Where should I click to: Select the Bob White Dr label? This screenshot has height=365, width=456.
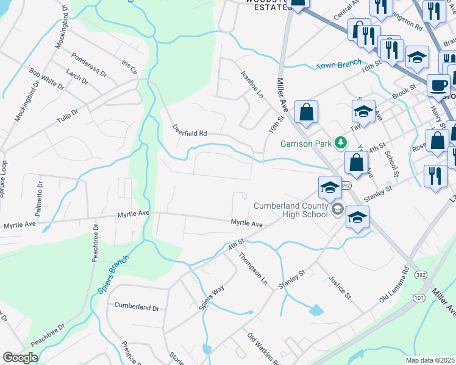click(x=46, y=78)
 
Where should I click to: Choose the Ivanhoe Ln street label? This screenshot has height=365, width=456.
click(x=252, y=86)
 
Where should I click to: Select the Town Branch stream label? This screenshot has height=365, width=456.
click(x=338, y=64)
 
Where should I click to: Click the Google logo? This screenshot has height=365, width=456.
click(x=20, y=358)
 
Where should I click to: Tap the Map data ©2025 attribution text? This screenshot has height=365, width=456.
click(x=430, y=360)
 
